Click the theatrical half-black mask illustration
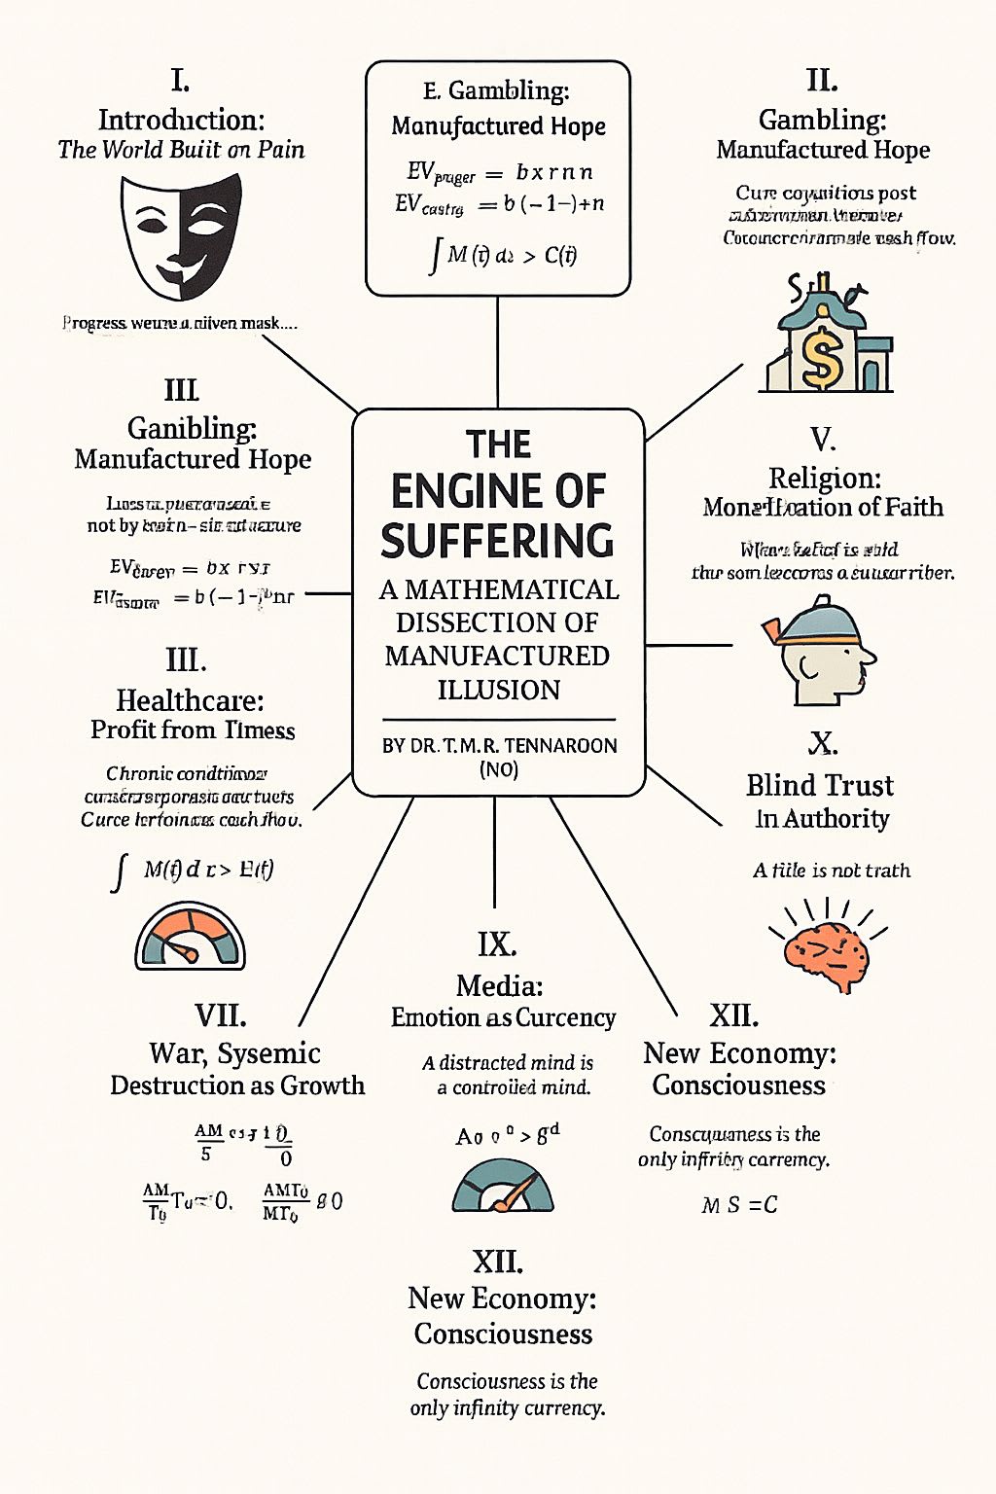[x=181, y=236]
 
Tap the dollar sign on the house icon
[x=823, y=356]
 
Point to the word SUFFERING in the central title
[x=497, y=541]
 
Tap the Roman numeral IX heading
[x=497, y=944]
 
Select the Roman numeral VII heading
[x=220, y=1015]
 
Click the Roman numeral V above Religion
[x=823, y=440]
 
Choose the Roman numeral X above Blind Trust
[x=823, y=744]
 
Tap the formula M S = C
[x=739, y=1205]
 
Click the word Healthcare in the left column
[x=190, y=700]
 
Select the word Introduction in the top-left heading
[x=181, y=120]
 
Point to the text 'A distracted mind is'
[x=508, y=1062]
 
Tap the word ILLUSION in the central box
[x=498, y=690]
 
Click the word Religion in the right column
[x=824, y=478]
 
